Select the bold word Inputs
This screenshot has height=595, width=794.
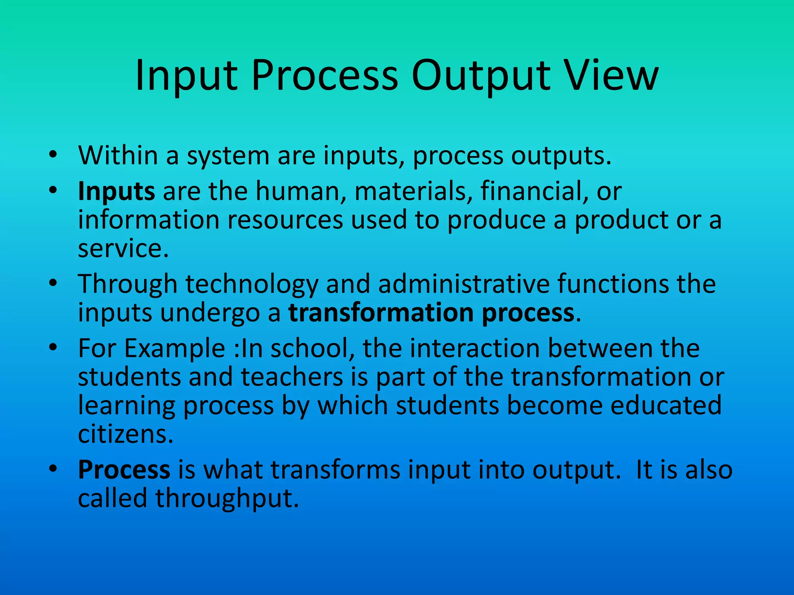coord(116,192)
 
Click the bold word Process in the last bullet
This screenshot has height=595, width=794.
coord(124,470)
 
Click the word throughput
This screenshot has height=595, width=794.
coord(227,499)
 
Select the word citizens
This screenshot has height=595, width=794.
coord(125,435)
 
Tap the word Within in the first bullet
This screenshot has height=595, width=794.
coord(118,156)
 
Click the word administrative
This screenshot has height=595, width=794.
coord(464,284)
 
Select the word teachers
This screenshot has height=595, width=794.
coord(292,377)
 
